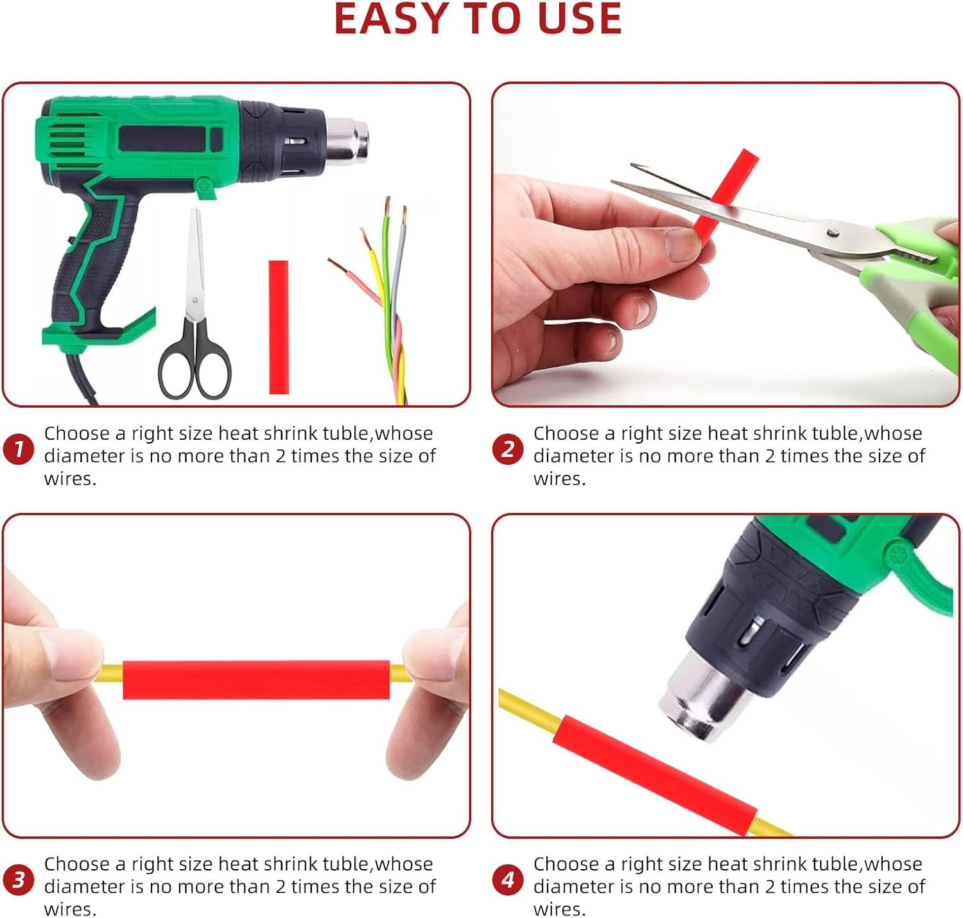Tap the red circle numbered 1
point(19,449)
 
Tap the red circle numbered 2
point(508,449)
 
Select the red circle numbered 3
point(19,879)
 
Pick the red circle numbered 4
point(508,879)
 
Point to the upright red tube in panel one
point(279,327)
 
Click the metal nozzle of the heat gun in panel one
point(347,141)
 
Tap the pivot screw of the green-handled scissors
point(832,232)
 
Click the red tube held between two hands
point(256,680)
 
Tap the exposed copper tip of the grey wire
point(404,216)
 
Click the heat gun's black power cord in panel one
point(81,377)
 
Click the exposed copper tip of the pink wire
point(337,266)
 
